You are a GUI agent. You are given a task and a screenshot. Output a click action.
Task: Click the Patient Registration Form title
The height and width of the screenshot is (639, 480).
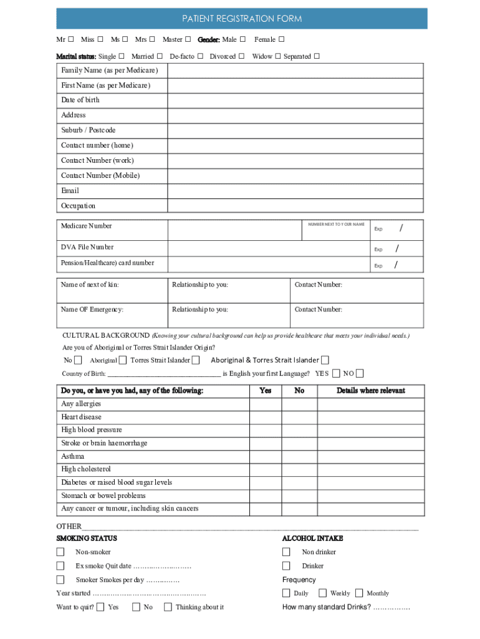click(242, 19)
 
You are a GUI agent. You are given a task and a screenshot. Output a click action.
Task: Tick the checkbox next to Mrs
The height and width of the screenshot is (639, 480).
click(151, 40)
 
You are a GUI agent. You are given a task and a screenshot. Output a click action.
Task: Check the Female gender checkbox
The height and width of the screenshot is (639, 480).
click(282, 40)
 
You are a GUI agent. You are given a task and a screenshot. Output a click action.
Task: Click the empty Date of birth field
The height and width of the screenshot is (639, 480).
click(295, 100)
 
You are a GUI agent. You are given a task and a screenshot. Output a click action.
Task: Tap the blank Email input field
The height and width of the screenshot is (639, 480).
click(295, 190)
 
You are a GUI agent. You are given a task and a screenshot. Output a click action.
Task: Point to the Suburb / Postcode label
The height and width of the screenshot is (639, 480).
click(88, 130)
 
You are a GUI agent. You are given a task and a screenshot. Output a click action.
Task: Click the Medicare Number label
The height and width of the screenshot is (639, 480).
click(87, 226)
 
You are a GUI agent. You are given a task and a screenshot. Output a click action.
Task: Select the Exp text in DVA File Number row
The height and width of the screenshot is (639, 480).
click(378, 250)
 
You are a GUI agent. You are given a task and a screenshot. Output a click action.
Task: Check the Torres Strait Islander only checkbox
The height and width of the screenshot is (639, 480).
click(196, 360)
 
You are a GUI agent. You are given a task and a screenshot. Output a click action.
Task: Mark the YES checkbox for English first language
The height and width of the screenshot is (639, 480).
click(337, 374)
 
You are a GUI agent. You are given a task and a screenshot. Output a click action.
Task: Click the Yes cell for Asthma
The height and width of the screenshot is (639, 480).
click(265, 456)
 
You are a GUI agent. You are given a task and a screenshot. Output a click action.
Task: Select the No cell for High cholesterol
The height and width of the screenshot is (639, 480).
click(299, 469)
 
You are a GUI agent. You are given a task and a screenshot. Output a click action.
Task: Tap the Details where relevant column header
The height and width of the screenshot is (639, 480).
click(371, 391)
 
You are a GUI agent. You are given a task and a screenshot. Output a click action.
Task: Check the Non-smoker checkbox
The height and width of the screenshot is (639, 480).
click(60, 552)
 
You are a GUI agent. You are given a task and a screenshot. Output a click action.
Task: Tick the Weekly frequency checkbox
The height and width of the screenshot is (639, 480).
click(322, 593)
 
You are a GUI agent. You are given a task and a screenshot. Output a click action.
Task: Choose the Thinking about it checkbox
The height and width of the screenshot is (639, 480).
click(168, 607)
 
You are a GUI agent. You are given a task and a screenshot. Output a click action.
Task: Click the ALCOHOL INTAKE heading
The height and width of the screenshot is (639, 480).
click(312, 538)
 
